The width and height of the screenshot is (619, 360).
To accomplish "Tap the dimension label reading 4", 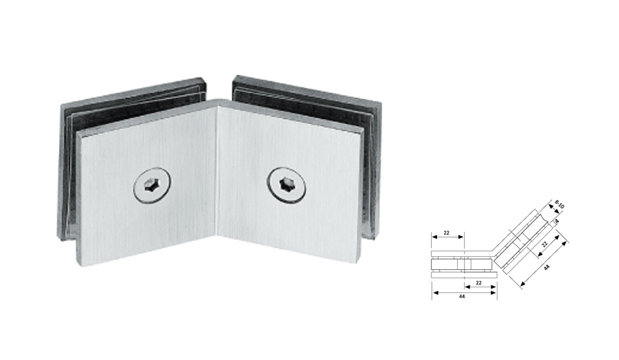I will [556, 221].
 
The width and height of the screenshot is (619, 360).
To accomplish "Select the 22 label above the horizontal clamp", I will [446, 233].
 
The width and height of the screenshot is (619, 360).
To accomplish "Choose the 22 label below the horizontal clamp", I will [479, 282].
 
